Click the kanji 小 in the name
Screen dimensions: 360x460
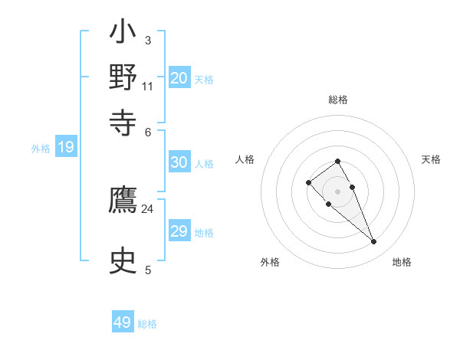point(123,35)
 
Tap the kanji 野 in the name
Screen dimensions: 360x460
point(123,78)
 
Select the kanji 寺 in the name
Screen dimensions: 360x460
point(123,120)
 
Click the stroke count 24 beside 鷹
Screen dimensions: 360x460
point(147,208)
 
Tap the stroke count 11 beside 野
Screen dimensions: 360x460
point(147,86)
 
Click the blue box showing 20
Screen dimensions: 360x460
point(179,78)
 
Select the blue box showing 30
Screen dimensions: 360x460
point(179,162)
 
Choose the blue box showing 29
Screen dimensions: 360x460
point(179,231)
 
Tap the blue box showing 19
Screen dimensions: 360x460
point(66,148)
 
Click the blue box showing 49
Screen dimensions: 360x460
point(123,322)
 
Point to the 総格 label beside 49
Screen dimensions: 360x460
point(147,324)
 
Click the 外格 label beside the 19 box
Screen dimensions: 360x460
point(41,149)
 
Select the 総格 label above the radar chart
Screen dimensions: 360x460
point(338,100)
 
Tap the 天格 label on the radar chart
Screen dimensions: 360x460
point(431,159)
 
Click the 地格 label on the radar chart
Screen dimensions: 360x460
point(402,262)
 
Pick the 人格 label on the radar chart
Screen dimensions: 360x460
point(245,159)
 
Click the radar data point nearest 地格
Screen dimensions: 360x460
point(373,242)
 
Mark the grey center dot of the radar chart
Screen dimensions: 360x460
point(338,191)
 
